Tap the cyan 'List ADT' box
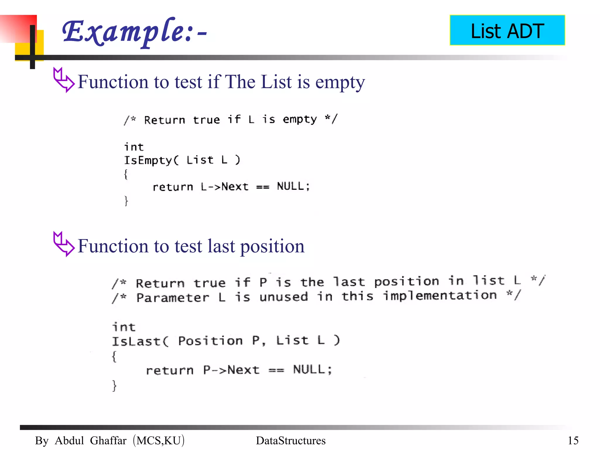pos(507,30)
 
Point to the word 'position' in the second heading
pos(272,246)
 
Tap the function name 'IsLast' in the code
pos(136,341)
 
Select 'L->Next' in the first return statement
pos(224,187)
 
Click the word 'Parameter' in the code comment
pos(173,298)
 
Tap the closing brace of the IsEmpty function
pos(126,201)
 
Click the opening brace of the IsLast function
pos(114,357)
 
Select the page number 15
pos(573,440)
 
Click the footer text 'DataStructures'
pos(291,440)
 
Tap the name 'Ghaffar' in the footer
pos(108,440)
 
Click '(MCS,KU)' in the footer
pos(158,440)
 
